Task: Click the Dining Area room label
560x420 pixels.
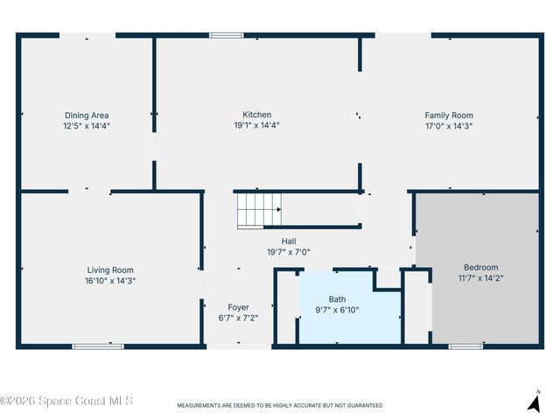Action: click(87, 115)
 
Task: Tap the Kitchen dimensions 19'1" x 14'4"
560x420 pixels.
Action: click(256, 125)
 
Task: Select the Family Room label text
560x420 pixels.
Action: click(449, 115)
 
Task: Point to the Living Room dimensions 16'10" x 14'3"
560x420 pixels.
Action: click(110, 281)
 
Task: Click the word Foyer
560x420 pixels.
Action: click(238, 307)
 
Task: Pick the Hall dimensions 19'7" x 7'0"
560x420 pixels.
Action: click(289, 252)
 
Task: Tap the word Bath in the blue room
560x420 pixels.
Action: click(337, 299)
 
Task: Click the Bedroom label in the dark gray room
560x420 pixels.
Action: click(481, 267)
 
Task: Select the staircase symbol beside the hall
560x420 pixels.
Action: click(260, 210)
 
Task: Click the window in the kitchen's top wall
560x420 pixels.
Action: click(226, 35)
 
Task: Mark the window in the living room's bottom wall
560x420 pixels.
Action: click(98, 346)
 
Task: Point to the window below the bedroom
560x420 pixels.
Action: click(465, 346)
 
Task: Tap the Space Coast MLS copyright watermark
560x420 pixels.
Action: click(66, 401)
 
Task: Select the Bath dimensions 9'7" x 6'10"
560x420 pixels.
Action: click(337, 310)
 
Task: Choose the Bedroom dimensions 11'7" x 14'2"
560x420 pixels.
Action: click(481, 278)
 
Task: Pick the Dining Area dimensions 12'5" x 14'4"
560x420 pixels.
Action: click(87, 126)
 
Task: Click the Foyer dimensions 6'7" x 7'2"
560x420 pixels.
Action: click(238, 318)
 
